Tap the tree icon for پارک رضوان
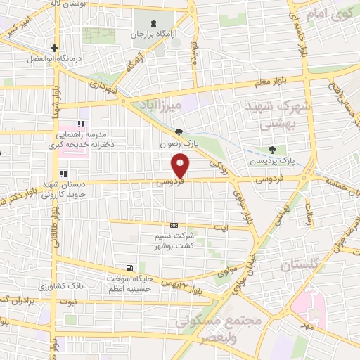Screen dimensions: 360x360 click(179, 131)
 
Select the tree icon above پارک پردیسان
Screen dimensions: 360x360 click(272, 150)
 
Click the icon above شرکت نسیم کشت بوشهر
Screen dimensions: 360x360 click(173, 225)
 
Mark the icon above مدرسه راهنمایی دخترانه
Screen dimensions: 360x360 click(82, 124)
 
